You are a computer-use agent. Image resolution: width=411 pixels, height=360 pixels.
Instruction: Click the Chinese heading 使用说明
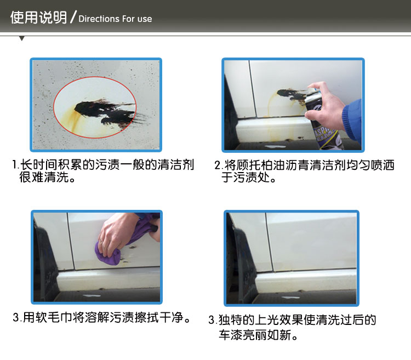(38, 18)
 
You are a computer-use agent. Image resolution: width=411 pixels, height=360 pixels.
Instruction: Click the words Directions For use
(115, 19)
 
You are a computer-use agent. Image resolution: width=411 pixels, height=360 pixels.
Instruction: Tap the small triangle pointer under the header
(22, 39)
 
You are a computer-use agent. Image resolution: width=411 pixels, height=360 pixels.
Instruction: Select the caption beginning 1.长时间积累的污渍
(103, 171)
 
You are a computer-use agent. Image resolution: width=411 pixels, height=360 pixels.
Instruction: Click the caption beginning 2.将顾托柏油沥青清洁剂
(304, 171)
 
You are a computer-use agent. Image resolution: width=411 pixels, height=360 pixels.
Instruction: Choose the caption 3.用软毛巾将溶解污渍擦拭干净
(102, 318)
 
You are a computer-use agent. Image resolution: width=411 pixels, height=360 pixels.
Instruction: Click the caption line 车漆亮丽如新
(258, 335)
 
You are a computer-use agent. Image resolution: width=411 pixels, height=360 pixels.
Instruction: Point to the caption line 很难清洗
(48, 177)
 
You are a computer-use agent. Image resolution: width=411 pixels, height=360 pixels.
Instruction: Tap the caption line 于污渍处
(248, 177)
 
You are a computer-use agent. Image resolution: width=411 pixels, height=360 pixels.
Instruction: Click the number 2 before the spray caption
(218, 165)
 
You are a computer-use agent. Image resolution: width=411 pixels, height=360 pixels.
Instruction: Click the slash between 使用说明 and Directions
(73, 17)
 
